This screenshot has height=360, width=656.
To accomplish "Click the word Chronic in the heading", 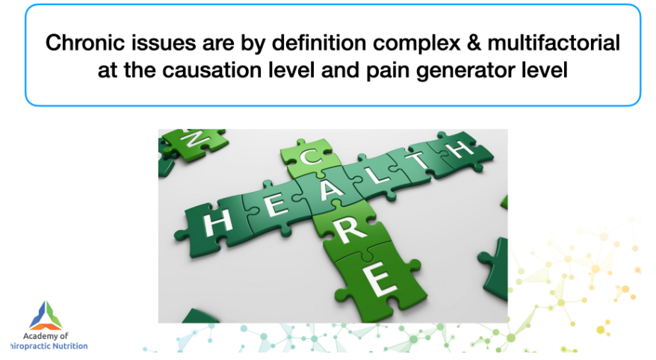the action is point(79,43).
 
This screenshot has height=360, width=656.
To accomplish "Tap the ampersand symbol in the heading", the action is point(474,43).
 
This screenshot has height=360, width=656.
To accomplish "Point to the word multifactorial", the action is point(554,43).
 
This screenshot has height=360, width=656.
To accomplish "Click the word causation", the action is point(212,69).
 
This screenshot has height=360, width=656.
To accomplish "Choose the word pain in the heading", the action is point(388,71).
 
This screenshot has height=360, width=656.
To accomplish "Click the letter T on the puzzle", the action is point(420,159).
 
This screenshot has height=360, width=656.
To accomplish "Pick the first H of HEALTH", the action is point(217,222).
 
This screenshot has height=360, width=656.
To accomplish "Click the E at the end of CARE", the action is point(380,278).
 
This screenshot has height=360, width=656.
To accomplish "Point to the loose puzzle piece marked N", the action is point(194,144).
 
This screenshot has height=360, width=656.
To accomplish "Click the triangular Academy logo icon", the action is point(46,315).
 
